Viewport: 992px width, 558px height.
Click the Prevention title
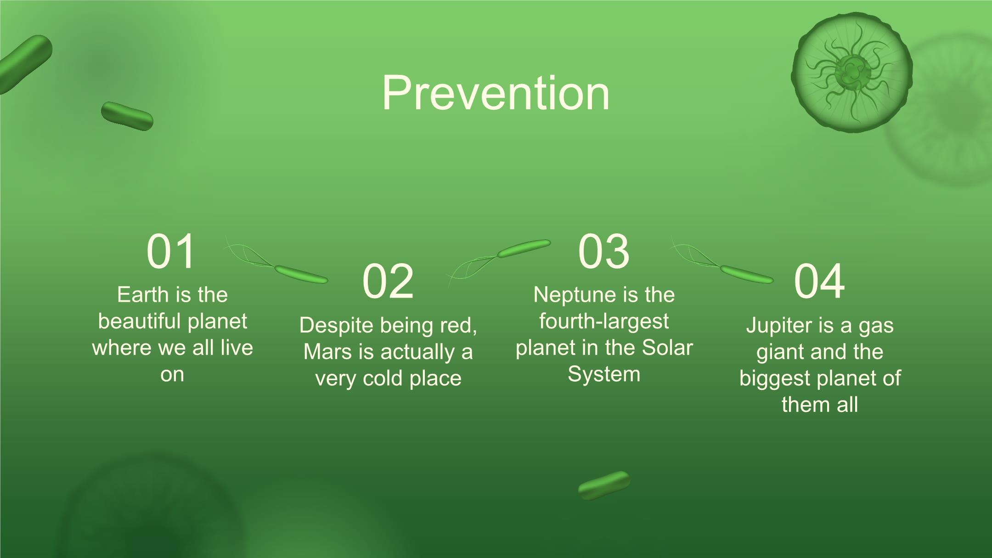tap(496, 93)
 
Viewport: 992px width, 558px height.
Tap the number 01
tap(171, 251)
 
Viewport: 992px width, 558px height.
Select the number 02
tap(388, 281)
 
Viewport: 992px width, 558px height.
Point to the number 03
tap(603, 251)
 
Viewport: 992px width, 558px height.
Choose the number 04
tap(819, 281)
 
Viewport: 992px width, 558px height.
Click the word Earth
tap(143, 295)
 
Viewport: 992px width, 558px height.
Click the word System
tap(603, 375)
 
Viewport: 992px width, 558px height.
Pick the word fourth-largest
tap(603, 321)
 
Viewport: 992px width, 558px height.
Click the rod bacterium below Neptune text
tap(604, 485)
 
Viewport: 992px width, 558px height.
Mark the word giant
tap(777, 353)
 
